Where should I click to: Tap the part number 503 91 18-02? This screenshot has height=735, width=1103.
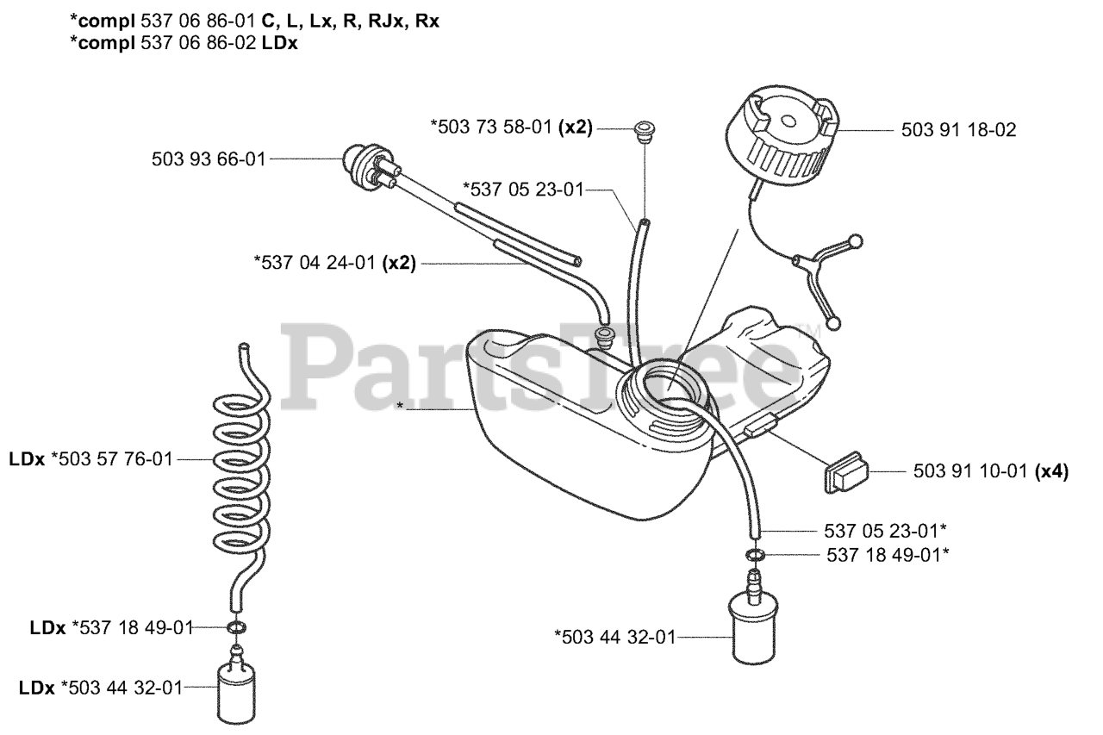(x=958, y=131)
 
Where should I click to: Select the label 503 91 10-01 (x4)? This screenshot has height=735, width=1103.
(x=989, y=472)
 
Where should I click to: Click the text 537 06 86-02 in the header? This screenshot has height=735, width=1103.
(x=204, y=44)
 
